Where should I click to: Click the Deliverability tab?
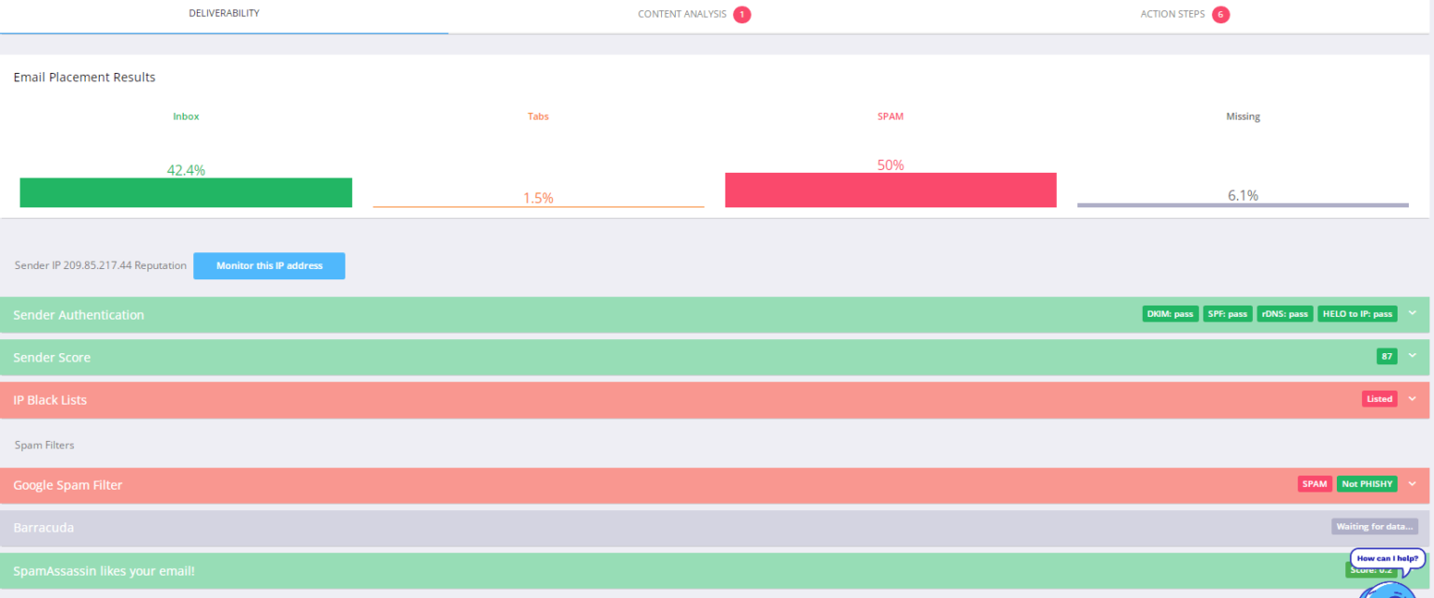(x=224, y=14)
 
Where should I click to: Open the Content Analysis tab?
(x=682, y=15)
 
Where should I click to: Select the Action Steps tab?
(x=1173, y=15)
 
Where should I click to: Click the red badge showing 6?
(x=1220, y=15)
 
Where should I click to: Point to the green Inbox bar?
(x=186, y=192)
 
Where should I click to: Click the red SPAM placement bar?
(x=891, y=190)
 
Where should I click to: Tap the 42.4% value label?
(x=186, y=170)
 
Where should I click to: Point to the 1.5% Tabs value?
(x=538, y=198)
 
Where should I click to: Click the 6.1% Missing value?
(x=1243, y=195)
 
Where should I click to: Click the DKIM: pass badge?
(x=1171, y=314)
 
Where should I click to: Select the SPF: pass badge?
(x=1228, y=314)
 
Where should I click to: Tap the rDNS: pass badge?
(x=1285, y=314)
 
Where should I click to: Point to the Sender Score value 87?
(x=1386, y=356)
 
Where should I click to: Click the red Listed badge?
(x=1379, y=399)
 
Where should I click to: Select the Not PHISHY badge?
(x=1368, y=484)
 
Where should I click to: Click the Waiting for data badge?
(x=1374, y=527)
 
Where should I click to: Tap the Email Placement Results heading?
(x=84, y=78)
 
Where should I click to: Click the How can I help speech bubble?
(x=1387, y=558)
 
